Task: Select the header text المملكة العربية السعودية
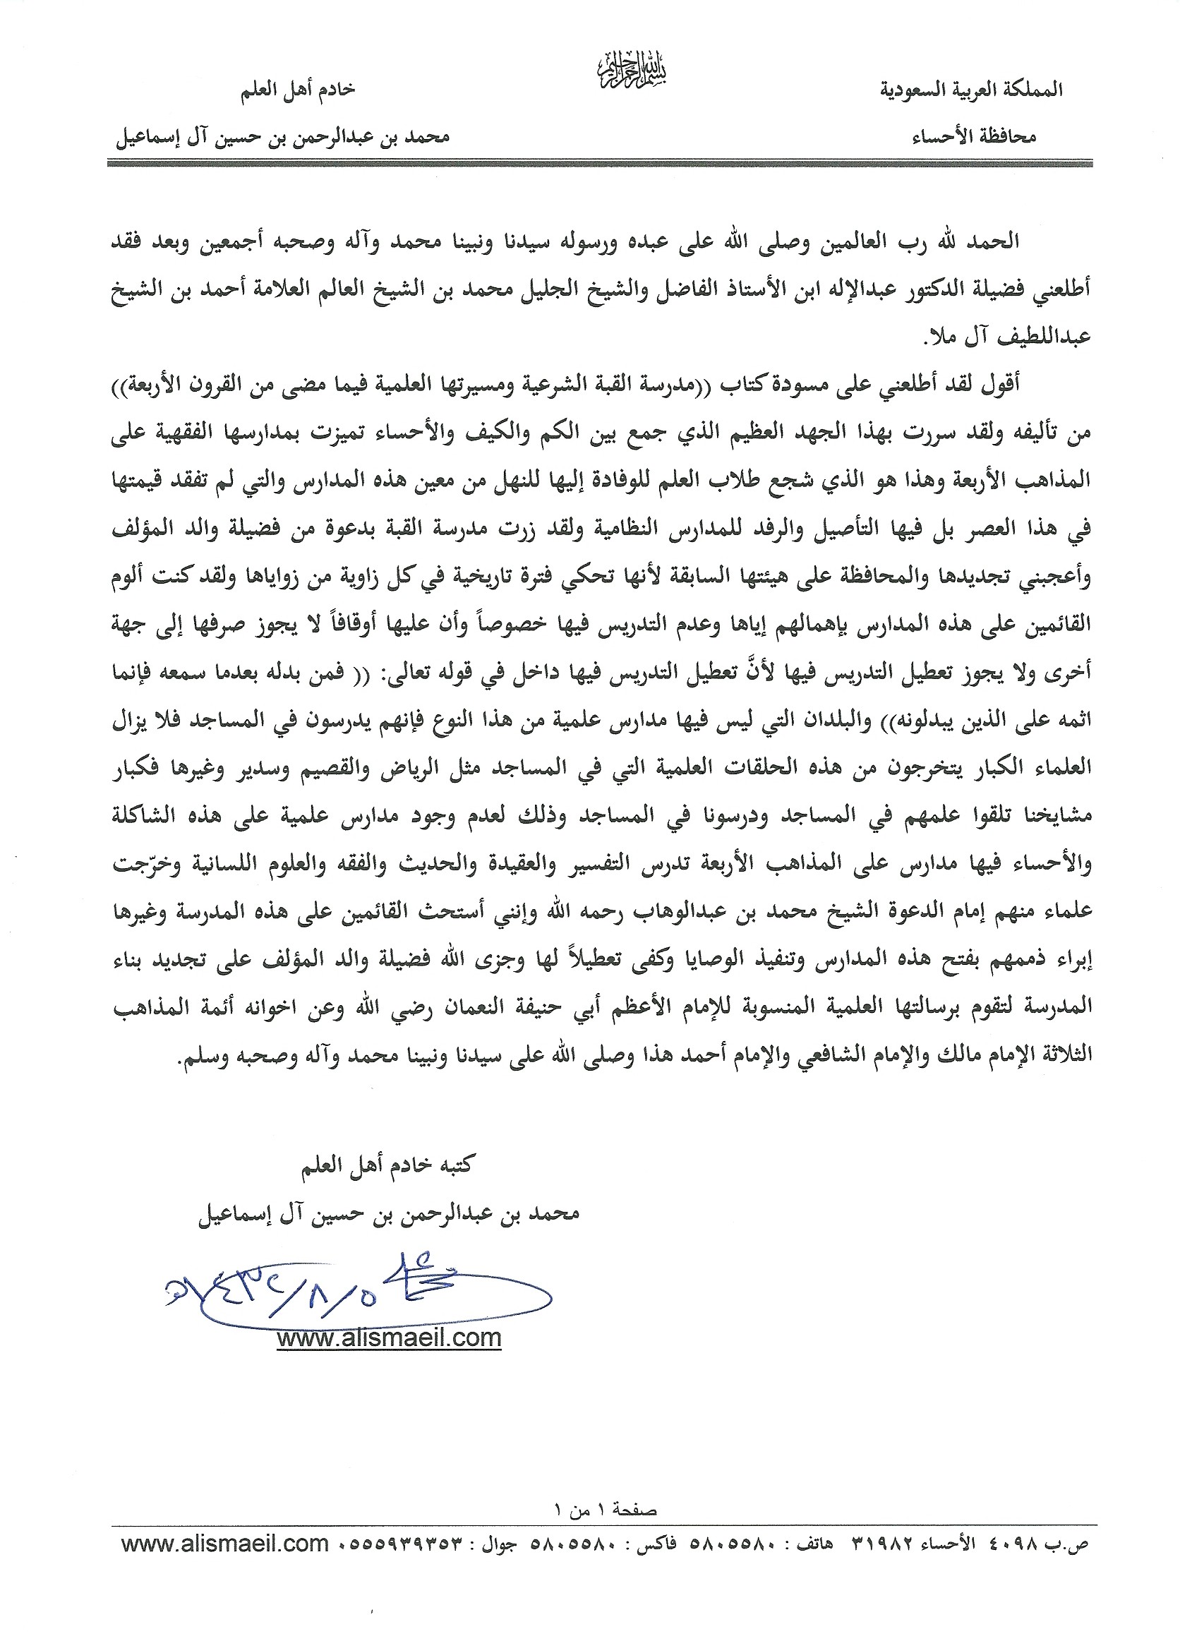pyautogui.click(x=970, y=90)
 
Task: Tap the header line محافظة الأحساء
pyautogui.click(x=973, y=137)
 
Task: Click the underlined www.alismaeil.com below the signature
pyautogui.click(x=388, y=1337)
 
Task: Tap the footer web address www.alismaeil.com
pyautogui.click(x=225, y=1544)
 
